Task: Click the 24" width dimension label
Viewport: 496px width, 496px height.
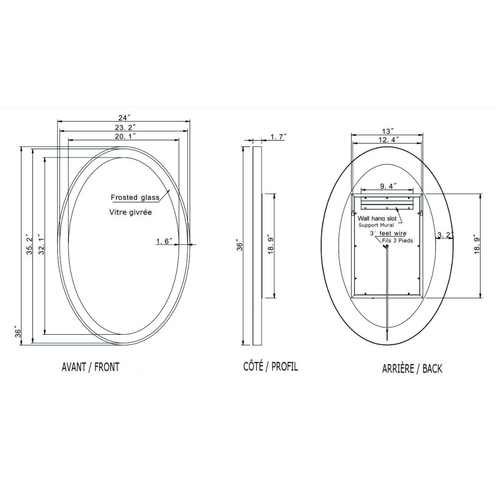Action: click(124, 118)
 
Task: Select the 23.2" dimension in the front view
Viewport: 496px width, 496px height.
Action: click(124, 127)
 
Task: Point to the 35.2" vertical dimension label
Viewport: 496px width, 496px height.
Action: click(29, 246)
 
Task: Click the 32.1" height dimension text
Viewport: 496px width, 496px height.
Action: click(42, 246)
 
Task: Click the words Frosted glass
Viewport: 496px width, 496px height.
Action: click(135, 197)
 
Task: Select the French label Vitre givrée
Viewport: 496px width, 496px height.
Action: click(130, 212)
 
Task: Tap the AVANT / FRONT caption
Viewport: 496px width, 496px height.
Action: click(90, 368)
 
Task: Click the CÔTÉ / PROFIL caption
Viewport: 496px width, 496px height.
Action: click(270, 367)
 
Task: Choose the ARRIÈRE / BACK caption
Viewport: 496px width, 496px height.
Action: click(412, 369)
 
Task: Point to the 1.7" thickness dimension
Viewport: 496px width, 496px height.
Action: click(278, 136)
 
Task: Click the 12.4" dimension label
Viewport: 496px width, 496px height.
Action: click(387, 140)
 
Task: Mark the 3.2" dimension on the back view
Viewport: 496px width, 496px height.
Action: click(445, 235)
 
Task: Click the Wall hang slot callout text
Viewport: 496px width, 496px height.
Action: click(377, 218)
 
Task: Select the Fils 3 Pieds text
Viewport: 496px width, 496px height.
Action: click(397, 241)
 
